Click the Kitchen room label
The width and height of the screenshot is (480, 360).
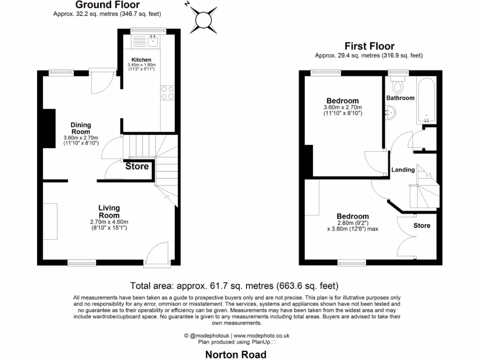tap(141, 60)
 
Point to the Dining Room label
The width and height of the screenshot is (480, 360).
tap(81, 128)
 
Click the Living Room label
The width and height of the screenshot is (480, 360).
tap(109, 211)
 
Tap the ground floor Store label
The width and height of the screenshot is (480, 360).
tap(137, 166)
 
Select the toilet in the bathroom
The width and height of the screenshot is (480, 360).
tap(398, 85)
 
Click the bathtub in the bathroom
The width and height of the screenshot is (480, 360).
tap(426, 100)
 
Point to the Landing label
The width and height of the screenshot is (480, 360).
tap(403, 170)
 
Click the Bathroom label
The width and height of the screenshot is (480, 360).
tap(400, 98)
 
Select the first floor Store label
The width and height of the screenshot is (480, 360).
tap(421, 225)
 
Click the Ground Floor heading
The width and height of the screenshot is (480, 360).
tap(107, 5)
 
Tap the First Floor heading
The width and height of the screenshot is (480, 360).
tap(369, 46)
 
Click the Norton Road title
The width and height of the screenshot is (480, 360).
tap(236, 354)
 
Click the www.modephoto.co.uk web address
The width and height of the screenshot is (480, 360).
tap(262, 336)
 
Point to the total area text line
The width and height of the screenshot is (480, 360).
tap(234, 285)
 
